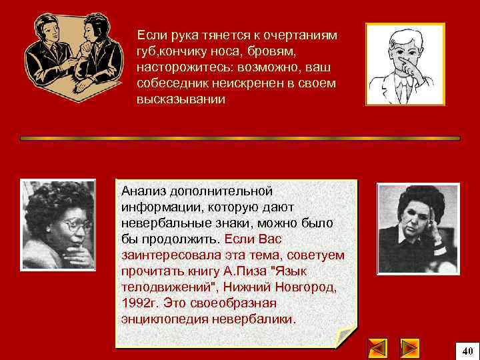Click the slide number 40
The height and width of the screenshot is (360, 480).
pos(467,350)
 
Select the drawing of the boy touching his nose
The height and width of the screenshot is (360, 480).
pos(405,64)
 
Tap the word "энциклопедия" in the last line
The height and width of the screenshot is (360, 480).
pos(163,319)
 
